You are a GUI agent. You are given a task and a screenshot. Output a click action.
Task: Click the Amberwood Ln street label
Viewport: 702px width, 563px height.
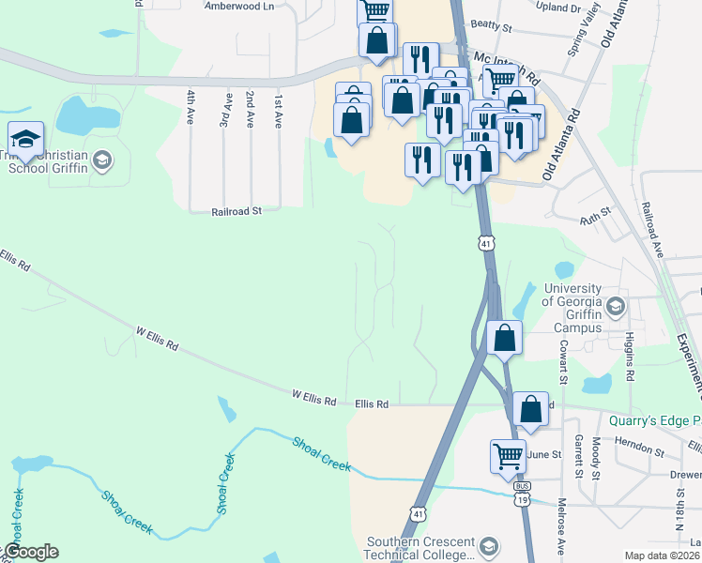tap(239, 6)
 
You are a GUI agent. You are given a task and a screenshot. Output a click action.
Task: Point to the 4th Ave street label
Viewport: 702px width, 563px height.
tap(191, 108)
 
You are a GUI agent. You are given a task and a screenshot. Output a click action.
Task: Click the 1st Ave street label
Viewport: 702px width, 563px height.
tap(278, 110)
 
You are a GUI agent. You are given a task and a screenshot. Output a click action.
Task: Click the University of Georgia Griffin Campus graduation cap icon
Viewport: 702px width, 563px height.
tap(616, 306)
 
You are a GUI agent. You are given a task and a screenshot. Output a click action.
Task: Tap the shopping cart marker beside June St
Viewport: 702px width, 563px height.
tap(508, 457)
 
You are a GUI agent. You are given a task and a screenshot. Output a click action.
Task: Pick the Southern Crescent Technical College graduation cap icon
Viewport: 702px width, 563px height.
tap(488, 547)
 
